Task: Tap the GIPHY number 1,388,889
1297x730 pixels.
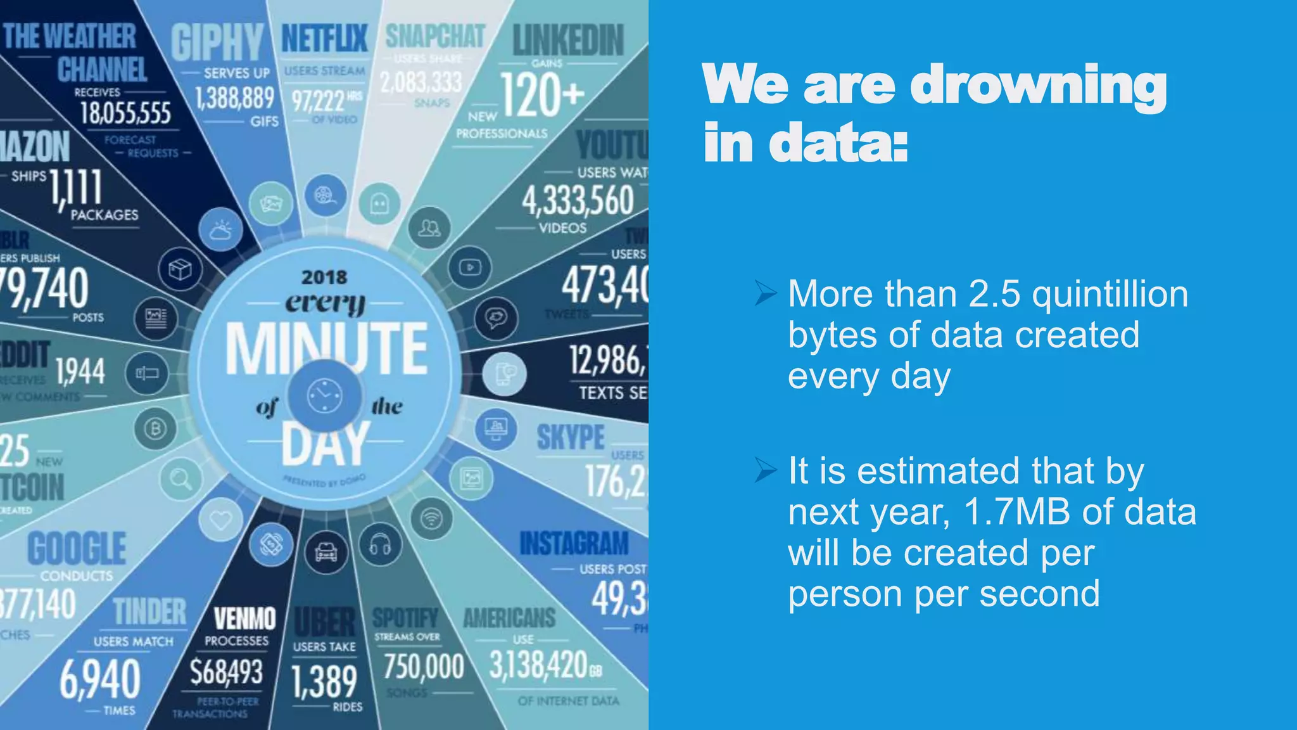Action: (234, 98)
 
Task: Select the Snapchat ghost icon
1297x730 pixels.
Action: (379, 204)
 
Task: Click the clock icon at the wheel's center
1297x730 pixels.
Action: (325, 396)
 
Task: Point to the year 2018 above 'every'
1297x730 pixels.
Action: (324, 277)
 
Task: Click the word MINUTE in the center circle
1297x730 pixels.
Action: (327, 349)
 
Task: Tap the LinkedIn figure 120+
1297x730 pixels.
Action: (541, 95)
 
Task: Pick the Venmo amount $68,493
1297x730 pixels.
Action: (226, 672)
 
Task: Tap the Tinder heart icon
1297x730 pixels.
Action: (220, 520)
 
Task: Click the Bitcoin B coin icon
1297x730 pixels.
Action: (155, 429)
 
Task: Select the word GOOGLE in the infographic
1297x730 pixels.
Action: (77, 549)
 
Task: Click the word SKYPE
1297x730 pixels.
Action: (571, 438)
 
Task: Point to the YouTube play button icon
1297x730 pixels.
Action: (469, 267)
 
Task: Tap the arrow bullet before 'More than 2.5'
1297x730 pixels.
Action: (766, 294)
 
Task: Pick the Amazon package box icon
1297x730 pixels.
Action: (180, 269)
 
